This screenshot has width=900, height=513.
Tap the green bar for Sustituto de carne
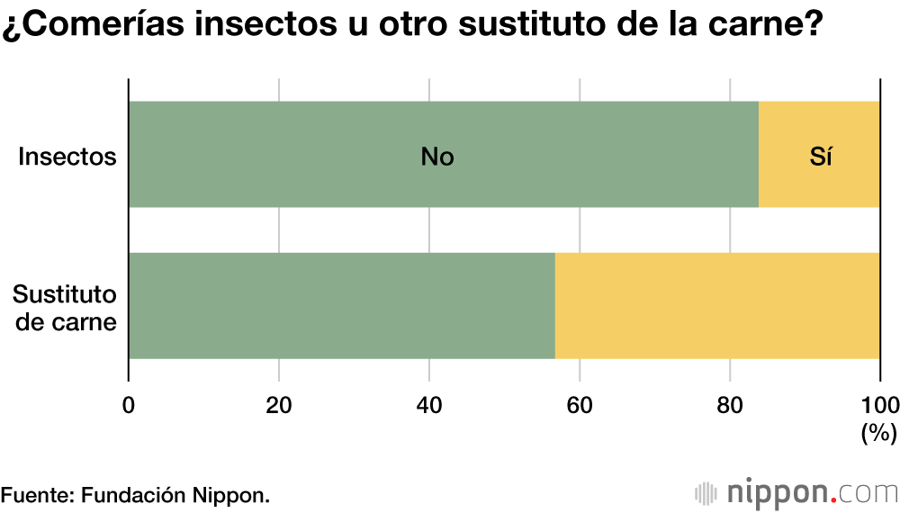342,306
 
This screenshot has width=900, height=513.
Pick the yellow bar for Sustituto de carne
717,306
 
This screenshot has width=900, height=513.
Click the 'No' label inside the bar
437,157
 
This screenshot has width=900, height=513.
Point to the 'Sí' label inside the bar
820,157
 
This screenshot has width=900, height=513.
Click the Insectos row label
68,157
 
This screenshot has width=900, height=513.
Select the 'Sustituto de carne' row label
65,308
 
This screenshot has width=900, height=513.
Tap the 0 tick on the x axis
129,404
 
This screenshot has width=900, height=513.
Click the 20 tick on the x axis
279,404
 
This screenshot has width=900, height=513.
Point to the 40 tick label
429,404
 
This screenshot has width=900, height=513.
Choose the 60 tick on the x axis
580,404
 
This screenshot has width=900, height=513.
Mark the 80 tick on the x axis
730,404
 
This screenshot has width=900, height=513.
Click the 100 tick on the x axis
879,404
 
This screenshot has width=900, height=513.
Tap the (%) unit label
878,433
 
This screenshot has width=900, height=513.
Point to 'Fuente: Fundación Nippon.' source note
135,495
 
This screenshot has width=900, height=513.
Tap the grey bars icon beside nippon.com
706,493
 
